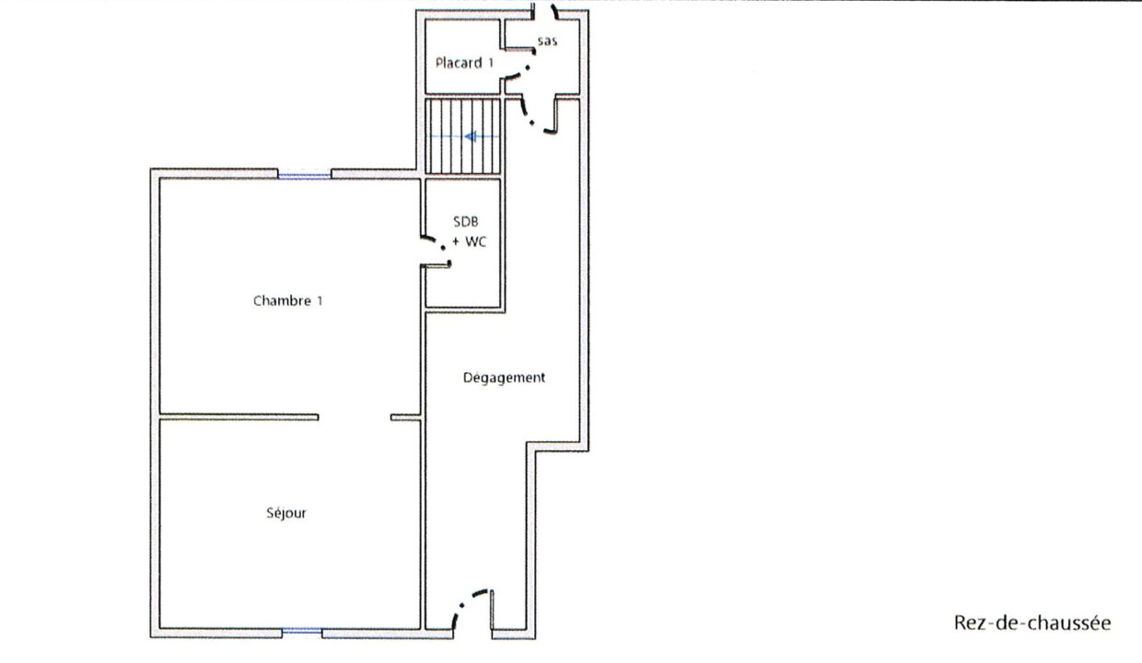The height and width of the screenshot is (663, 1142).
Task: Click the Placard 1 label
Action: [464, 63]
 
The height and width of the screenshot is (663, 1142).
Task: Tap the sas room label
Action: [547, 41]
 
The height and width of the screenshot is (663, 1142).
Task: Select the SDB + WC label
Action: [468, 231]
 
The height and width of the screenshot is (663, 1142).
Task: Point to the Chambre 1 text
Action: [288, 301]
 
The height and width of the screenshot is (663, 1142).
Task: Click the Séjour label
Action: [286, 513]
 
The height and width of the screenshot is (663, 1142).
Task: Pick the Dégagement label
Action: [504, 378]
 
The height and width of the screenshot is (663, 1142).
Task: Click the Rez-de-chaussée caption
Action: [1032, 622]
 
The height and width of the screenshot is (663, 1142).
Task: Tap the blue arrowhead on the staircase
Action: [471, 136]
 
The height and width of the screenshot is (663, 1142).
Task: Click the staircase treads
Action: [463, 136]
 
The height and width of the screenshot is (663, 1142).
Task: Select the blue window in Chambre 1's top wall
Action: [304, 176]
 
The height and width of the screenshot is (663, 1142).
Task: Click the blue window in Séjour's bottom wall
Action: [302, 631]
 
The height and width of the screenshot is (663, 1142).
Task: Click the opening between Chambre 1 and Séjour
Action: [355, 417]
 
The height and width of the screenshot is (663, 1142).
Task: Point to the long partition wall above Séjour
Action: [239, 417]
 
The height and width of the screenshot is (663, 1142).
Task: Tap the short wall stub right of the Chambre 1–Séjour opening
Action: [406, 417]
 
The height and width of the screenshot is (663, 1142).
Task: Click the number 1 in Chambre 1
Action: [320, 301]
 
